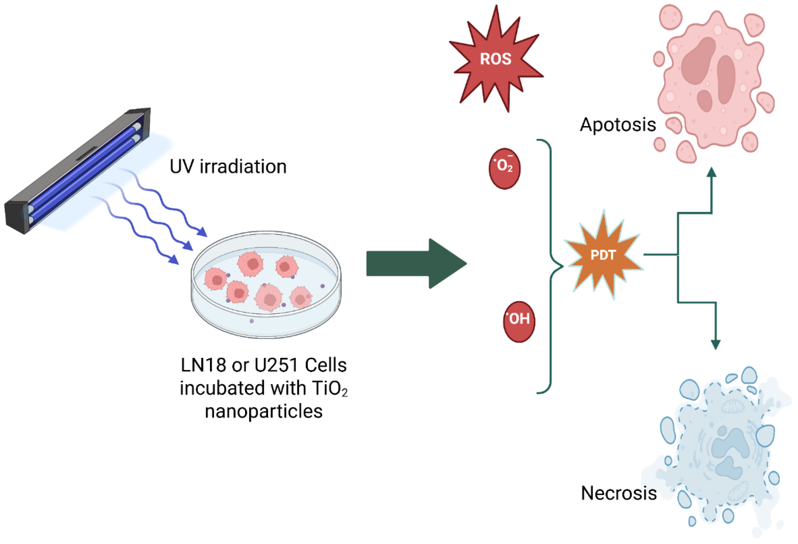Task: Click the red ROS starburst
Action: [496, 59]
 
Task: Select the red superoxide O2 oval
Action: [504, 168]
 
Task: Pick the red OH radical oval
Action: [519, 321]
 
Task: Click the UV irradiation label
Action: [228, 167]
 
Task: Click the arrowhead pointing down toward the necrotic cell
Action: [715, 345]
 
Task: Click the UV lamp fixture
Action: [77, 172]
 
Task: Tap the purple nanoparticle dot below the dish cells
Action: [252, 321]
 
